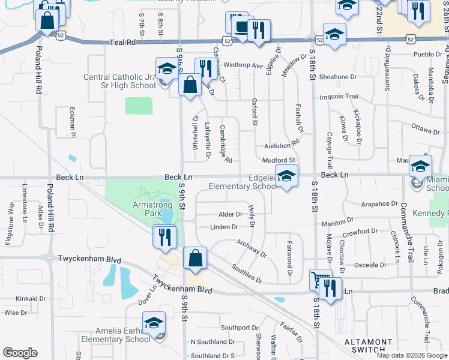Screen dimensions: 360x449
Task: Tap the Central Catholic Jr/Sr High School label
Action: (119, 81)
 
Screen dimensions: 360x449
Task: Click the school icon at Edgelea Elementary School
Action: (287, 176)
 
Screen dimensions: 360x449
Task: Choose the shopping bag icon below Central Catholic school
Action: (190, 85)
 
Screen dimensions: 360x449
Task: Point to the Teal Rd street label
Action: (124, 43)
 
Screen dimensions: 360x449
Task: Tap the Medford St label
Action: (279, 160)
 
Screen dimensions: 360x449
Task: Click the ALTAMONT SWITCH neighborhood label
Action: (361, 345)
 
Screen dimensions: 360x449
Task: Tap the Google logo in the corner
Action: (20, 353)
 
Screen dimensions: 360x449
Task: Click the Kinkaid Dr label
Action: (31, 298)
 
